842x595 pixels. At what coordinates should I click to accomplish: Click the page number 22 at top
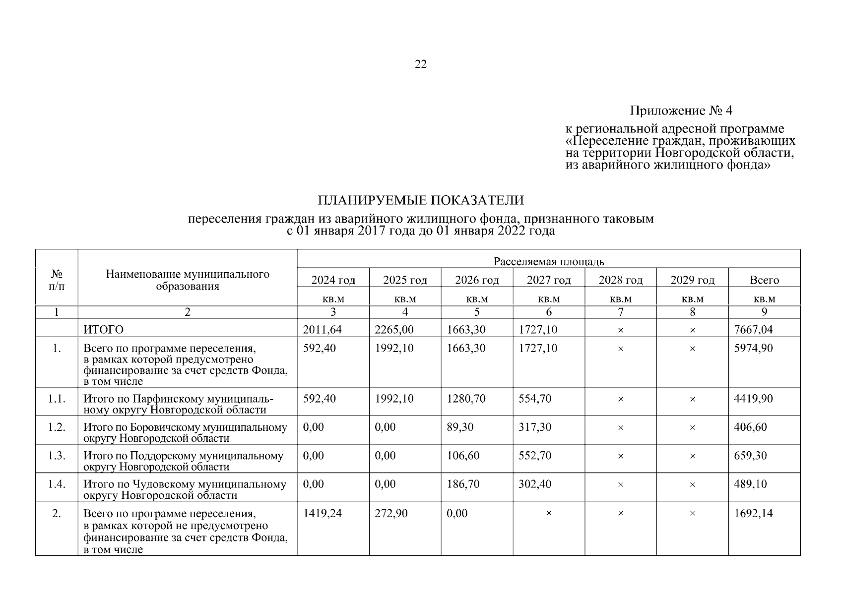(420, 64)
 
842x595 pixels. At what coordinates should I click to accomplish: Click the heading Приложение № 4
(681, 110)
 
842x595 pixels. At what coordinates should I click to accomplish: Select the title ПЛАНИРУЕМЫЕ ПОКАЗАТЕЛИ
(420, 201)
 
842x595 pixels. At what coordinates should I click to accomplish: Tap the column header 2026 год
(477, 280)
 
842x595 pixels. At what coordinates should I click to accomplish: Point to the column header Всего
(764, 280)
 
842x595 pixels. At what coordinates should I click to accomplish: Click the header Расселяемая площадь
(549, 261)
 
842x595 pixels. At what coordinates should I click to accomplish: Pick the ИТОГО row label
(103, 330)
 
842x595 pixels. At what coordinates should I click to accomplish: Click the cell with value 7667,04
(753, 330)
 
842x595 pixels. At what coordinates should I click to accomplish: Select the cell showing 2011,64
(322, 330)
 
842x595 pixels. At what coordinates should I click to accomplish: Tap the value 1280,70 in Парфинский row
(466, 399)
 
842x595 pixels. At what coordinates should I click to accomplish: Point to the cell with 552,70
(535, 456)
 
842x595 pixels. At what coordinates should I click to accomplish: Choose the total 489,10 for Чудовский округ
(750, 484)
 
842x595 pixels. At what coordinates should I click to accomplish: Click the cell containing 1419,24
(322, 513)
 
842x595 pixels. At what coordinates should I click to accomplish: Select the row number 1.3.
(57, 456)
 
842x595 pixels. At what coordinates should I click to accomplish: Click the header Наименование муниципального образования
(188, 280)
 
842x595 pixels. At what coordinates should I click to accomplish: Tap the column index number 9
(764, 312)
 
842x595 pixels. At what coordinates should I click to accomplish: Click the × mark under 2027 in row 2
(549, 514)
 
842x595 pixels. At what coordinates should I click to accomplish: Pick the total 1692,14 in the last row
(753, 513)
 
